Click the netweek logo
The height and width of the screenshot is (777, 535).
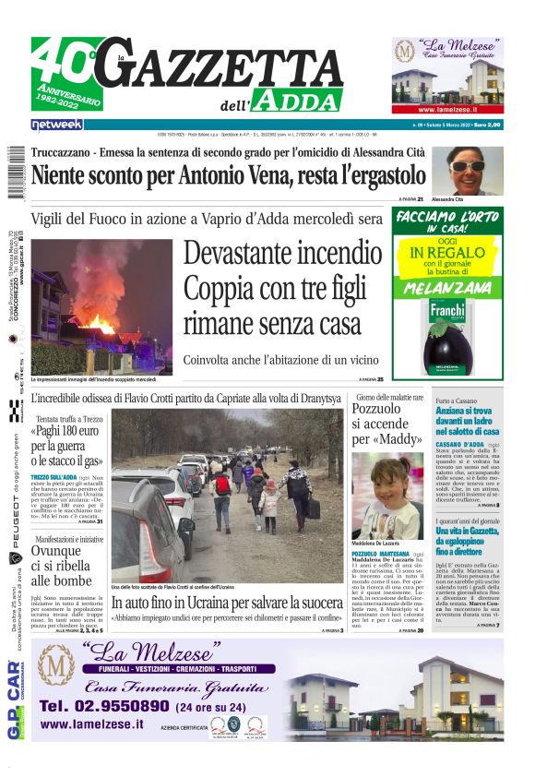[56, 125]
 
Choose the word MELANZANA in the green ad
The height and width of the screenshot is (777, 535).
[448, 289]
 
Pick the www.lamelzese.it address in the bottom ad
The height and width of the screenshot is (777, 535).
[92, 724]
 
